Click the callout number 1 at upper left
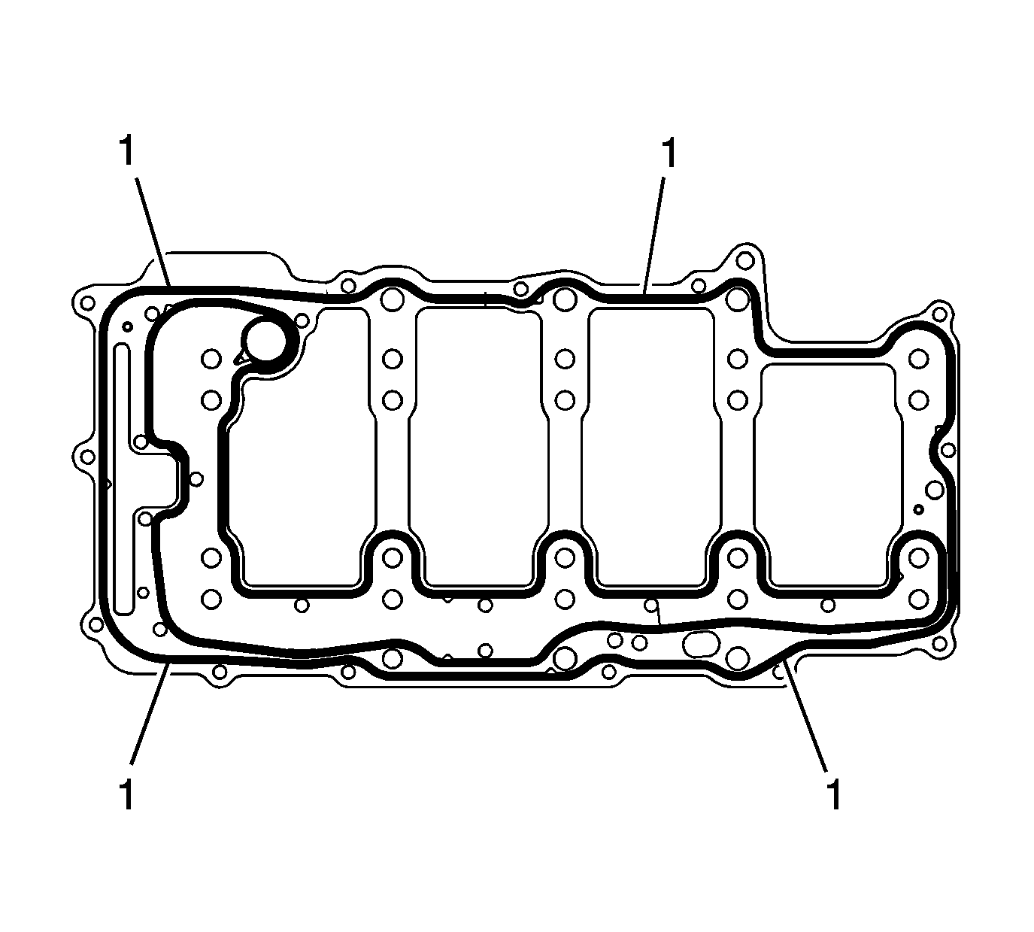[x=127, y=151]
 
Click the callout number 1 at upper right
[x=669, y=153]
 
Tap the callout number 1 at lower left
[x=126, y=795]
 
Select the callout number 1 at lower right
[x=834, y=795]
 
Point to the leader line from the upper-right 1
[x=653, y=235]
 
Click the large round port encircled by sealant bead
[x=266, y=340]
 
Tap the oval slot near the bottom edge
[x=701, y=643]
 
